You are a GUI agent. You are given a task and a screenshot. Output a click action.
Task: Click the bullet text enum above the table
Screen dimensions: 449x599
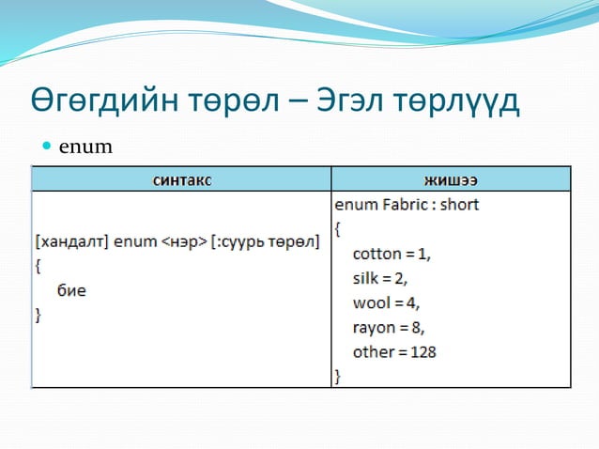[x=85, y=147]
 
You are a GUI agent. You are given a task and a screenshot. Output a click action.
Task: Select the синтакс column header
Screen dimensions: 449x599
[x=181, y=178]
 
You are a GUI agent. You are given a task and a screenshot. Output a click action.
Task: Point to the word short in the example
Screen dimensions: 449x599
[x=459, y=204]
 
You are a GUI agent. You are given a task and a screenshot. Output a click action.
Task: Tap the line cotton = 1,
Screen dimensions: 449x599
[x=392, y=254]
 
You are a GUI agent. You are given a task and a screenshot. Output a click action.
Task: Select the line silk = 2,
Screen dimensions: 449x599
[x=380, y=278]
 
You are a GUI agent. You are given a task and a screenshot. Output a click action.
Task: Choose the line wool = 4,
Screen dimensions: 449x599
[x=386, y=302]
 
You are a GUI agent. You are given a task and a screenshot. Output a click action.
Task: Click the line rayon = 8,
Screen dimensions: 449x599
[x=389, y=327]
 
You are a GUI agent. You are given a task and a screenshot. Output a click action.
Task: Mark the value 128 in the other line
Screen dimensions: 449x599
[x=422, y=352]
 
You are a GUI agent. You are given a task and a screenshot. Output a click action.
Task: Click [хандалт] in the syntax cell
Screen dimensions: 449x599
[x=71, y=241]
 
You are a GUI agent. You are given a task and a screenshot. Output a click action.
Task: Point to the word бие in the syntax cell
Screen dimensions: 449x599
[x=71, y=290]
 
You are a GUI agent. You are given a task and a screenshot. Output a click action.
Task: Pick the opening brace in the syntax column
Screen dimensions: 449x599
[x=38, y=266]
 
